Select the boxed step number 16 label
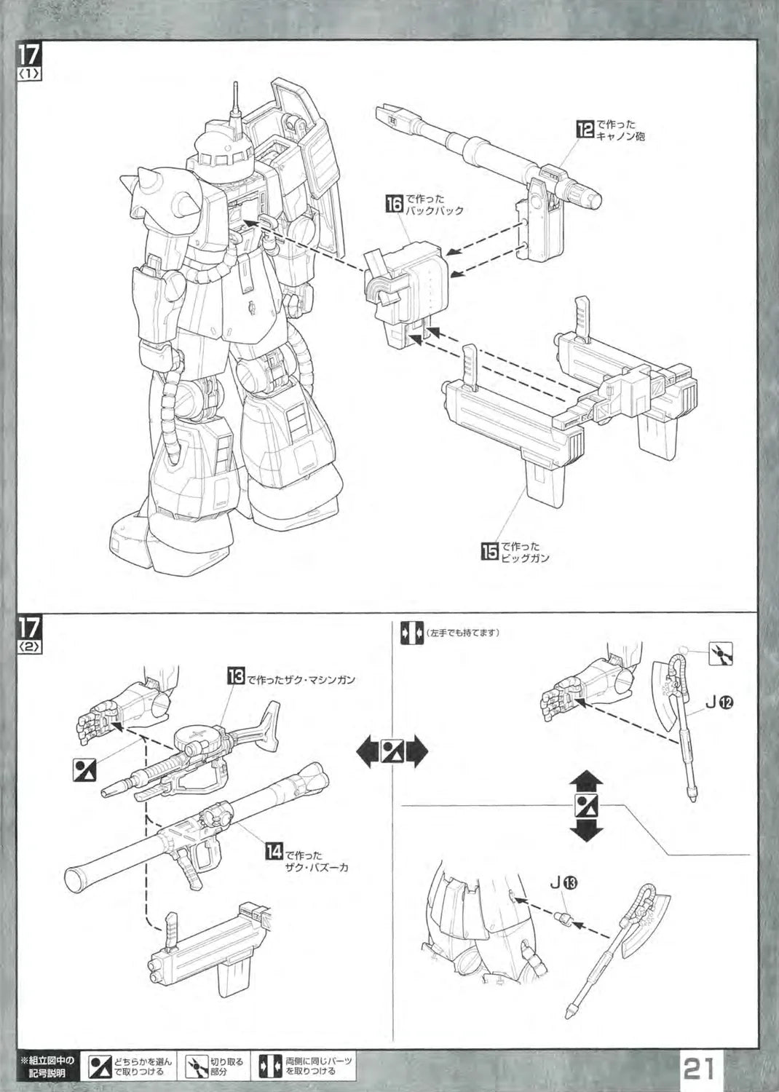[394, 204]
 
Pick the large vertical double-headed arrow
[587, 807]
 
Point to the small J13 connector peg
[563, 917]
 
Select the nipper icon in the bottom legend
[197, 1067]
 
